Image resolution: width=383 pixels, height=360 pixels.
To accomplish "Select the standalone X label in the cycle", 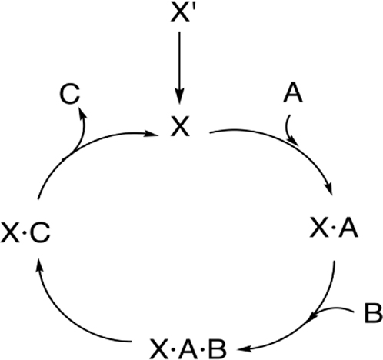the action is click(180, 126).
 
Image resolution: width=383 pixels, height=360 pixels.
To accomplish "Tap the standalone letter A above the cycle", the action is click(293, 93).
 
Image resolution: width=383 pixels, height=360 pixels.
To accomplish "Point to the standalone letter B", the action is click(373, 313).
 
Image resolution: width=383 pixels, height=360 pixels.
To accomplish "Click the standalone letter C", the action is click(69, 94).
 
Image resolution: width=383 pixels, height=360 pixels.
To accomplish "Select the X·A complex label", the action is click(334, 228).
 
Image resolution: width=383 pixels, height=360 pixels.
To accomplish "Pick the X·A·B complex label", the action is click(188, 348).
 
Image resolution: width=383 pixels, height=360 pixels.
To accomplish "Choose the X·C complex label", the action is click(25, 232).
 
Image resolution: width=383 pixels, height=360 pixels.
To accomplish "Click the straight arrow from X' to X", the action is click(179, 68).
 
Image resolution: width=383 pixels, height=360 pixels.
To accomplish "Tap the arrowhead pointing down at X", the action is click(179, 97).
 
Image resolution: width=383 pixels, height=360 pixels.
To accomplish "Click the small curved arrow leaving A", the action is click(289, 131).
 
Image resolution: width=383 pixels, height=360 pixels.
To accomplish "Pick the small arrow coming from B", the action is click(331, 308).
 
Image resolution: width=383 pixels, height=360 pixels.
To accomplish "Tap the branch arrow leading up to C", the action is click(82, 133).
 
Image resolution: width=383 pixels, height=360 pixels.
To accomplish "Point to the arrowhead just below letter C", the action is click(82, 113).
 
